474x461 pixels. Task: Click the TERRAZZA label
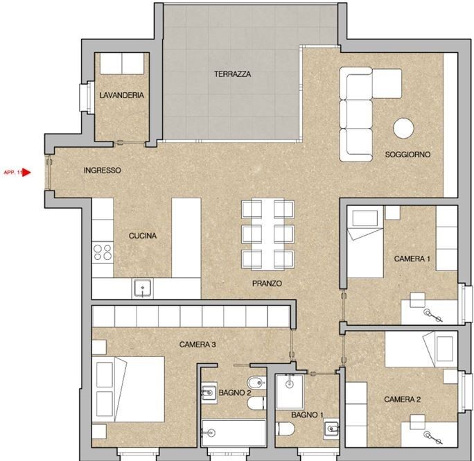coord(232,73)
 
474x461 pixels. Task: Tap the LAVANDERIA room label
coord(121,95)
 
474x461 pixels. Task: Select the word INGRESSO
coord(102,170)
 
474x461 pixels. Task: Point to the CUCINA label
coord(142,236)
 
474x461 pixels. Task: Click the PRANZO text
coord(267,284)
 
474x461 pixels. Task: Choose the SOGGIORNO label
coord(407,154)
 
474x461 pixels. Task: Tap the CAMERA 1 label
coord(412,259)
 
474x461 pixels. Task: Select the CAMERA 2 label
coord(403,399)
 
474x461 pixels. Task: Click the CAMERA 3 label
coord(198,344)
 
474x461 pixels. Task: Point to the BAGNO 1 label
coord(307,414)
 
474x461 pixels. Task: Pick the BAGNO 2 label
coord(235,393)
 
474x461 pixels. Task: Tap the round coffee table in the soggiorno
coord(403,128)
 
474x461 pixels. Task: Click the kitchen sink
coord(143,288)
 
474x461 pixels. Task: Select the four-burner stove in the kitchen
coord(103,252)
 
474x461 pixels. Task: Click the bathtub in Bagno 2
coord(232,433)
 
